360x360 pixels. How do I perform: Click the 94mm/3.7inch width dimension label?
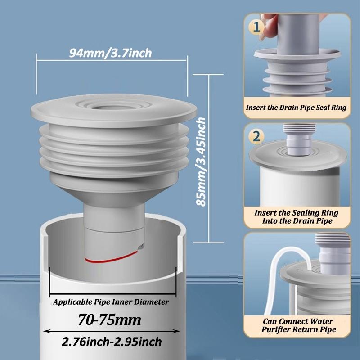[111, 53]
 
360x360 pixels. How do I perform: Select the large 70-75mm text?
[111, 320]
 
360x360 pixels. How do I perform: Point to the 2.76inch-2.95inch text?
[111, 342]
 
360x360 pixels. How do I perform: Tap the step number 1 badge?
[256, 27]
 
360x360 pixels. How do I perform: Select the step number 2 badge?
[256, 135]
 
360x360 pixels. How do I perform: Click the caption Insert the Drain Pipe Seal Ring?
[296, 108]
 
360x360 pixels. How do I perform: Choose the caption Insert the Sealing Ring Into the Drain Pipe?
[296, 216]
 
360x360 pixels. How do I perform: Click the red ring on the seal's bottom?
[112, 257]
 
